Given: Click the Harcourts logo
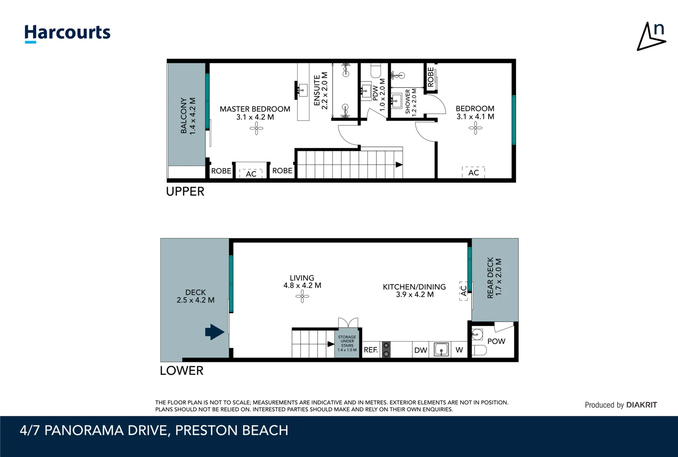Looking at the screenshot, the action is pos(67,33).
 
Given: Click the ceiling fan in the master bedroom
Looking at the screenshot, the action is pos(256,128).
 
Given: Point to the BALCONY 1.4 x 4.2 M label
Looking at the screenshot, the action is pos(188,116).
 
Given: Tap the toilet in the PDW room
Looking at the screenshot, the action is pos(376,70).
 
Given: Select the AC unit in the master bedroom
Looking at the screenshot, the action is pos(251,173).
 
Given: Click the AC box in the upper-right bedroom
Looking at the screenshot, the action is pos(473,172).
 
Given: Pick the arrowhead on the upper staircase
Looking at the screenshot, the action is pos(399,165).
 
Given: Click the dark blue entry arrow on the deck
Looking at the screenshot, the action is pos(214,332).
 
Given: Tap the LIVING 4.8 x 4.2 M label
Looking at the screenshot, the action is pos(302,282).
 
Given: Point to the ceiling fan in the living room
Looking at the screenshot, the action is pos(302,296).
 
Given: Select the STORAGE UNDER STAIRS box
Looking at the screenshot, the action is pos(347,343).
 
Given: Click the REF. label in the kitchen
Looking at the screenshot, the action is pos(371,350).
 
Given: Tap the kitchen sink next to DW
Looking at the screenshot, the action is pos(441,350).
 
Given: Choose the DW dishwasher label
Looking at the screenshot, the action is pos(420,350).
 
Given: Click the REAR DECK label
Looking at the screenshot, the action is pos(494,278).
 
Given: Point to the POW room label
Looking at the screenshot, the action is pos(496,341).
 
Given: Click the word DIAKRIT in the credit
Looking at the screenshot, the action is pos(641,405).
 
